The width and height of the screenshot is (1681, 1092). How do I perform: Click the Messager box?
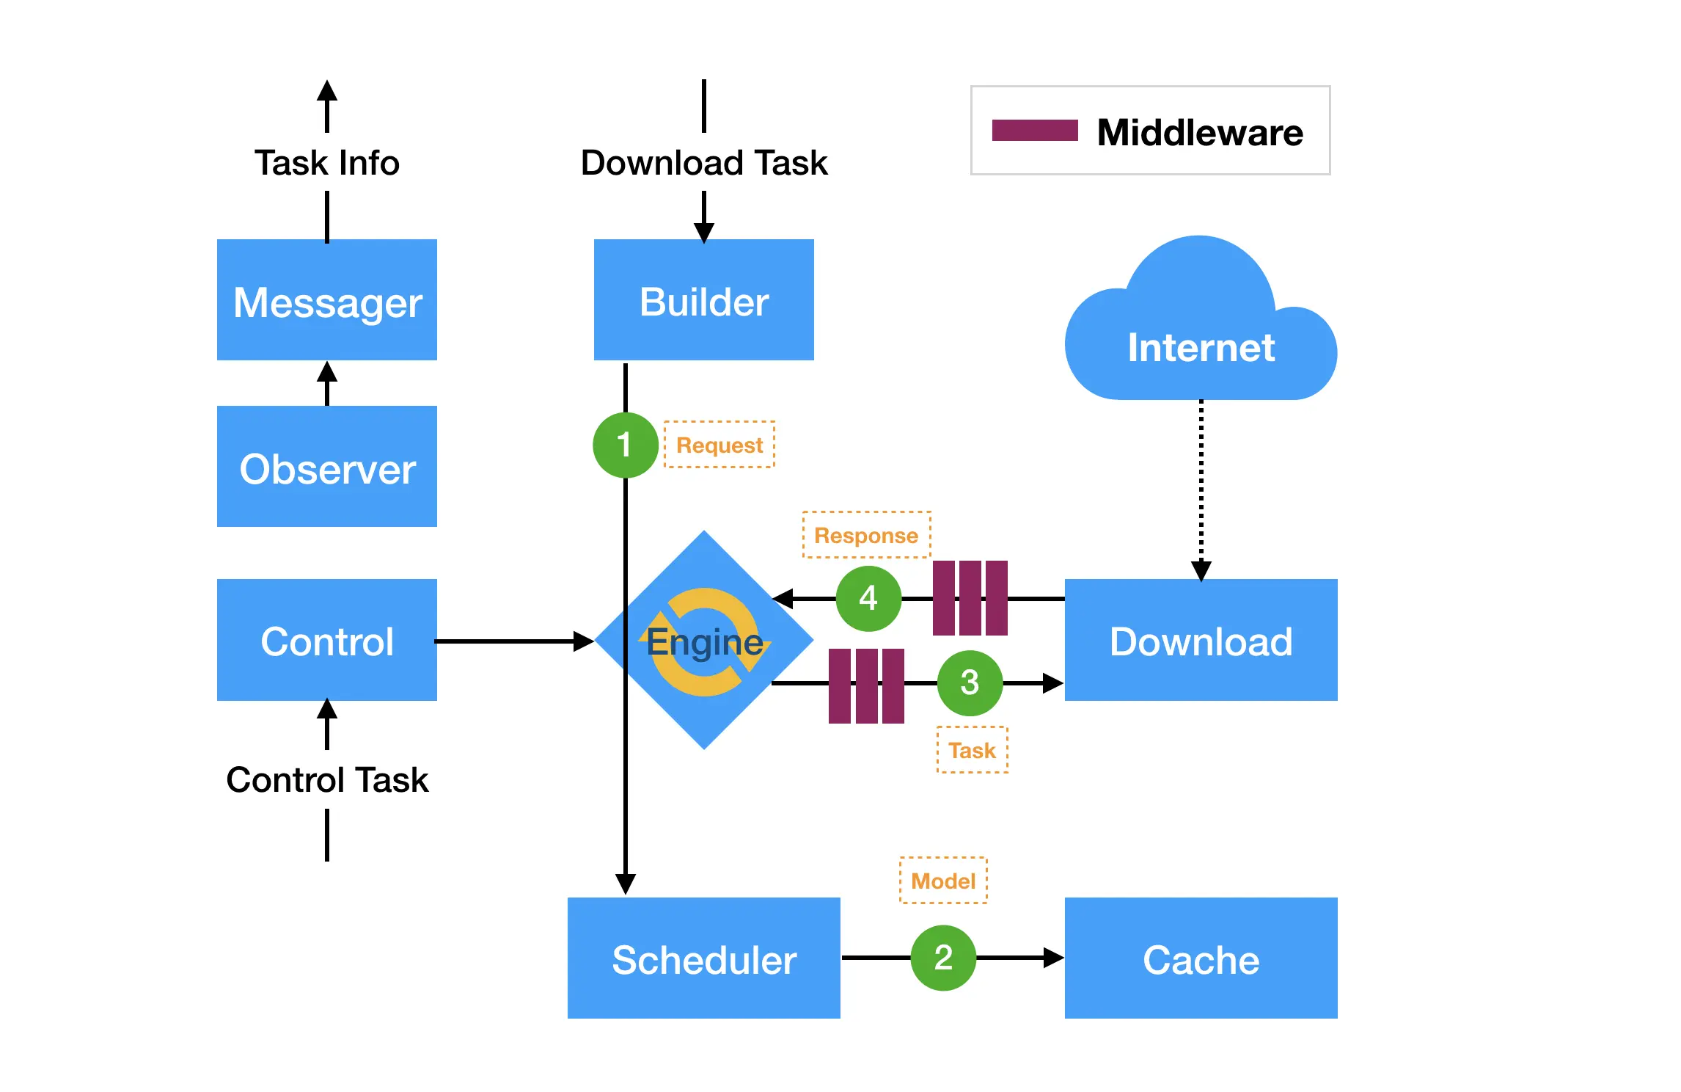(327, 300)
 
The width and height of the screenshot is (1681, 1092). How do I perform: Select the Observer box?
(327, 467)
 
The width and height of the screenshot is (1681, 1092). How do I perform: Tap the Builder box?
(703, 300)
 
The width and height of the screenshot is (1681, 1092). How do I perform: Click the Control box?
(327, 640)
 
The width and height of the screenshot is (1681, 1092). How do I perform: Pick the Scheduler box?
(703, 958)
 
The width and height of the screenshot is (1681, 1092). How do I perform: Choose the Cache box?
(1201, 958)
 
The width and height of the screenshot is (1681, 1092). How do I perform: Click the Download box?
(1201, 640)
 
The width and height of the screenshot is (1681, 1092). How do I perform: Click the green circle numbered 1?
(625, 445)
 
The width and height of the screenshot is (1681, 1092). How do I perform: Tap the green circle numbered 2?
(943, 958)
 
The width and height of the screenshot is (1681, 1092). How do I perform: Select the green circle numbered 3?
(970, 682)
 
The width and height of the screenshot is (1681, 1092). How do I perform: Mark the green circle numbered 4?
(868, 598)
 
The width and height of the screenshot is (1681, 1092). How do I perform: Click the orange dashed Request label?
(719, 445)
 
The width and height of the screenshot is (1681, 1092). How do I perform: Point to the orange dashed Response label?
(866, 535)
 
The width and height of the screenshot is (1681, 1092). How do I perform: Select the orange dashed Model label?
(943, 881)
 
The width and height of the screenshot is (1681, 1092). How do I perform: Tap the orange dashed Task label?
(973, 750)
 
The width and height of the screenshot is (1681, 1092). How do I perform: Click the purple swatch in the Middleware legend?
(1035, 131)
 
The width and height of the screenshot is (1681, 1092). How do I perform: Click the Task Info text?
(327, 162)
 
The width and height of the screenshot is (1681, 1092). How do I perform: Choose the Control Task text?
(327, 779)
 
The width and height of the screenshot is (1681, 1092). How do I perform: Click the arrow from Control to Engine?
(513, 641)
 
